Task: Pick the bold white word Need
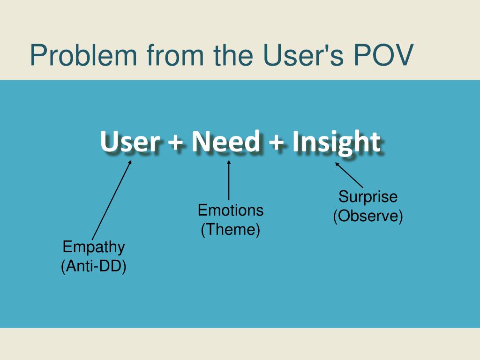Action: pyautogui.click(x=225, y=142)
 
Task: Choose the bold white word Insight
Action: pyautogui.click(x=336, y=142)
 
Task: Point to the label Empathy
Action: pyautogui.click(x=94, y=247)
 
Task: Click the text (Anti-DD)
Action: pyautogui.click(x=94, y=266)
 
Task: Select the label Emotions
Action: pyautogui.click(x=231, y=210)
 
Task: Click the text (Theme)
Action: pyautogui.click(x=231, y=230)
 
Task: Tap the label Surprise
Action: pyautogui.click(x=368, y=196)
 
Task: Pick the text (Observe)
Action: pyautogui.click(x=368, y=216)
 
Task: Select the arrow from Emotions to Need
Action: pyautogui.click(x=229, y=180)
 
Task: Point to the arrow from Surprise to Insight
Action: pyautogui.click(x=349, y=175)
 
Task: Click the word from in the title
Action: pyautogui.click(x=175, y=55)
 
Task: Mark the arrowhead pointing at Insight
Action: pyautogui.click(x=337, y=164)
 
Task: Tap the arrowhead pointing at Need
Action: pyautogui.click(x=229, y=163)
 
